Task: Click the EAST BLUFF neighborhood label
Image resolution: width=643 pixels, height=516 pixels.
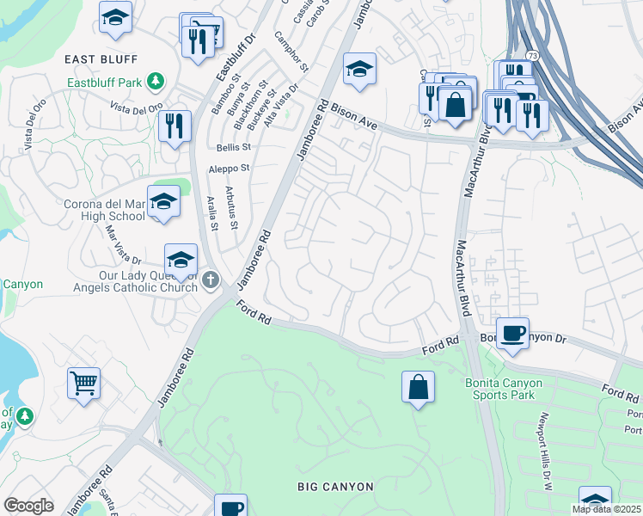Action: [x=101, y=58]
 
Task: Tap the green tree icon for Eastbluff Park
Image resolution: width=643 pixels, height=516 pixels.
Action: [x=156, y=83]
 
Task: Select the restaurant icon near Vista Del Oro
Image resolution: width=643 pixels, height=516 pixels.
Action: [x=175, y=126]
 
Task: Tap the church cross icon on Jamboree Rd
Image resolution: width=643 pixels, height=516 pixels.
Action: [x=211, y=279]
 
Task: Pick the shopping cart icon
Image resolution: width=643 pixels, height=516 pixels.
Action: [x=83, y=383]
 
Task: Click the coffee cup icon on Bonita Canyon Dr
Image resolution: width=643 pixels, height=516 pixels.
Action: [x=513, y=333]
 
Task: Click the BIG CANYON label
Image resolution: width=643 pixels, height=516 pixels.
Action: [x=335, y=487]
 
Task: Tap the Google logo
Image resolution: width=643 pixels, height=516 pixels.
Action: [x=28, y=506]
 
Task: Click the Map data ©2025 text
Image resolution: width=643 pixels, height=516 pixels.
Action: [x=606, y=509]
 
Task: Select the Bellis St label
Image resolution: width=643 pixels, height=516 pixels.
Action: [x=233, y=148]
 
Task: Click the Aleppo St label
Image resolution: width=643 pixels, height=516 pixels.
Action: [x=229, y=169]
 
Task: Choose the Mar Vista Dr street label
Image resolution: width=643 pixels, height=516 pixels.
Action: [x=122, y=243]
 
